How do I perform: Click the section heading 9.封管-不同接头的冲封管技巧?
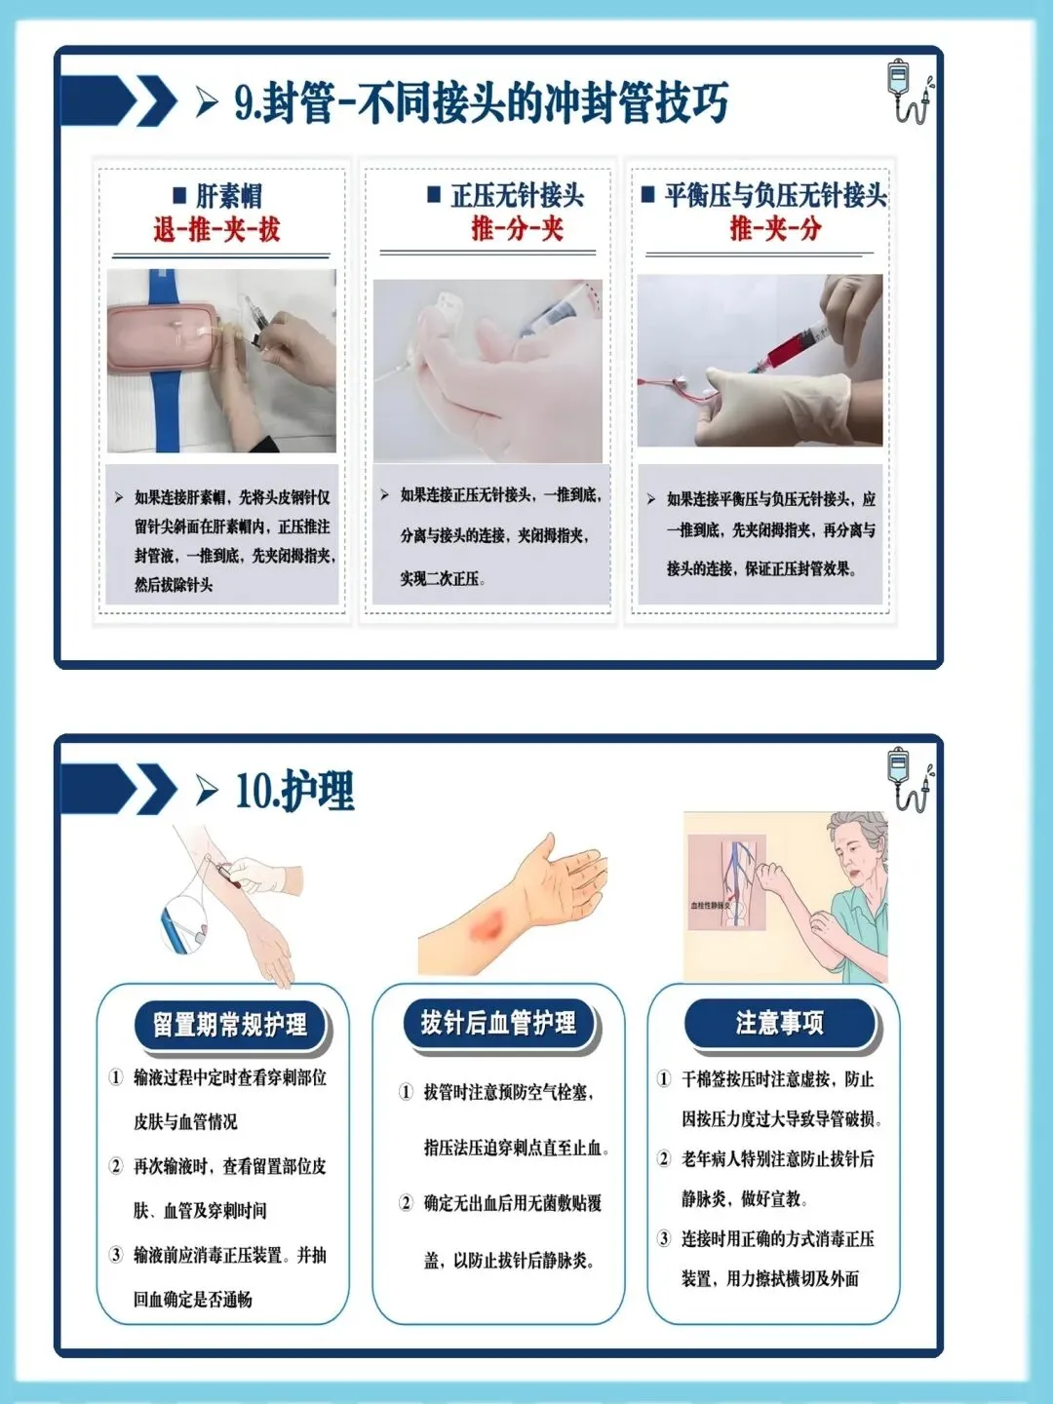coord(482,102)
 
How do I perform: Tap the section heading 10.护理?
coord(294,791)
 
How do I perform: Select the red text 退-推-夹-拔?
coord(216,229)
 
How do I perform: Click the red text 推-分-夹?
coord(517,228)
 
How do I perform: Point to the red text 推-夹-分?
coord(775,228)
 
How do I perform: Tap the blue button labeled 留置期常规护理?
coord(230,1024)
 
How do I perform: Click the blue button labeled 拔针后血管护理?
coord(498,1022)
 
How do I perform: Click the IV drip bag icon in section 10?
coord(911,778)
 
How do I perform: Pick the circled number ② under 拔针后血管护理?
coord(406,1203)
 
